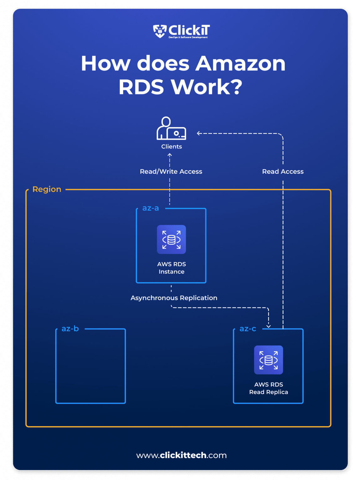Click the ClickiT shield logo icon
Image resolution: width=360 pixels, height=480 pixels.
click(x=160, y=31)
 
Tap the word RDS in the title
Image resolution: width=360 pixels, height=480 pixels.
click(x=141, y=87)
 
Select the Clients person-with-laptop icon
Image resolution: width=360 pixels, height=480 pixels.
click(x=171, y=128)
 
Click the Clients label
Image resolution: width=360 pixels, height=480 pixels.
click(x=171, y=147)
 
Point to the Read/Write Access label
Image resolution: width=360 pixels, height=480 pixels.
click(x=171, y=172)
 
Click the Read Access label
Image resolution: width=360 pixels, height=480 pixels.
click(x=283, y=172)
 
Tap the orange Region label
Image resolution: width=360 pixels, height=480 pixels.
click(x=47, y=189)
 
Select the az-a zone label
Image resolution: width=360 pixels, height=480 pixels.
click(x=150, y=208)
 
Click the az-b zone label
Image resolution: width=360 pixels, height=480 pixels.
click(x=70, y=329)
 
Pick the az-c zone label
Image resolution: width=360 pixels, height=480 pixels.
click(x=248, y=329)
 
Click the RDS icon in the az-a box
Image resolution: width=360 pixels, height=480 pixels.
click(x=171, y=239)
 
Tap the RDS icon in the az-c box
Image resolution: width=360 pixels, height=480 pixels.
click(x=268, y=360)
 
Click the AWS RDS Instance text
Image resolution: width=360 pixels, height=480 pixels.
click(x=171, y=268)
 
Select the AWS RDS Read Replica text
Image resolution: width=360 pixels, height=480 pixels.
click(x=268, y=388)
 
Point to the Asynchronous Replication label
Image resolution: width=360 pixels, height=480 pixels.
click(x=174, y=298)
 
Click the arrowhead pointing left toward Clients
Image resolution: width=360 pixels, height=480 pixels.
click(x=199, y=133)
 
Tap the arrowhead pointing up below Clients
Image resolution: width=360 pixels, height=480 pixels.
click(x=170, y=155)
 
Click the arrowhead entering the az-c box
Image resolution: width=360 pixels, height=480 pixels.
click(x=268, y=326)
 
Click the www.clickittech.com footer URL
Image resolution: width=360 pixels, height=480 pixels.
click(x=181, y=455)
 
